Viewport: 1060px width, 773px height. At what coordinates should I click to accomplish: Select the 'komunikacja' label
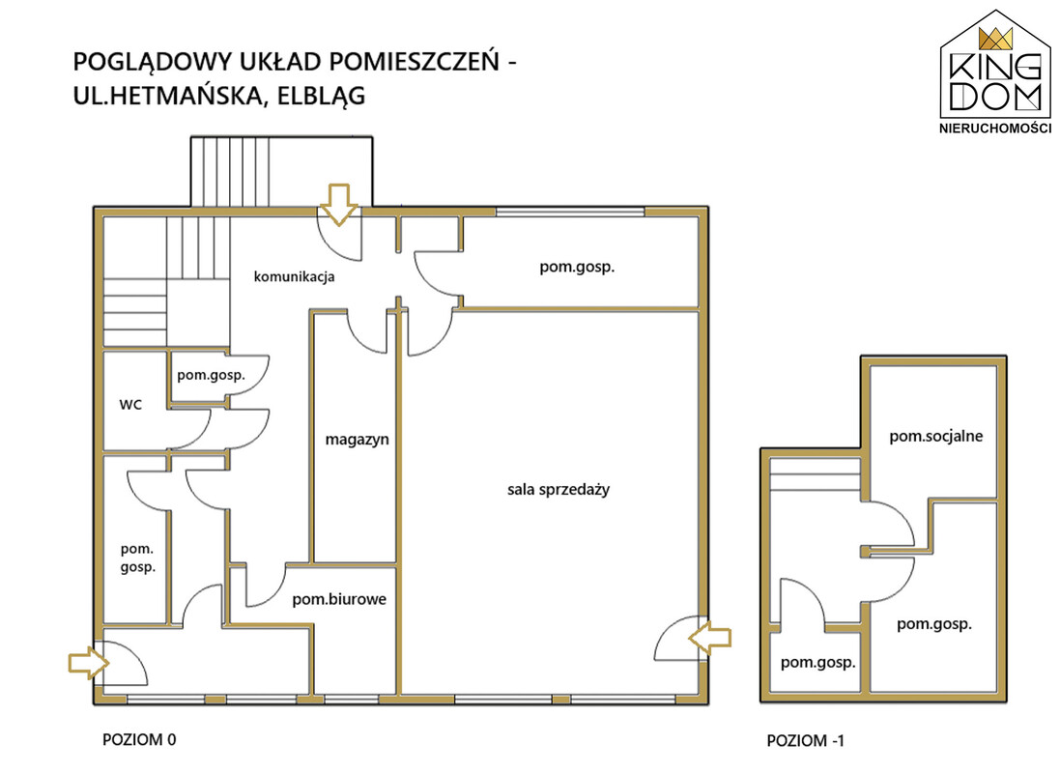tap(294, 277)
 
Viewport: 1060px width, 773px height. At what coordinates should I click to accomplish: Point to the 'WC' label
tap(130, 405)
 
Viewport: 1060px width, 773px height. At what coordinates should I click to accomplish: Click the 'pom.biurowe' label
tap(339, 599)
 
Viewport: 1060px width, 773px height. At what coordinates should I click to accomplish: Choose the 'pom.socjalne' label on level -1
tap(935, 436)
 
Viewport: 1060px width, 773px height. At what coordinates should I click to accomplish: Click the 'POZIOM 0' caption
tap(139, 740)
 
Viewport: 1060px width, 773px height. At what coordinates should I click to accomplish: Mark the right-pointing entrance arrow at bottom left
tap(84, 662)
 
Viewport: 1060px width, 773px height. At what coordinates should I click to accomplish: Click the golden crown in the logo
tap(994, 39)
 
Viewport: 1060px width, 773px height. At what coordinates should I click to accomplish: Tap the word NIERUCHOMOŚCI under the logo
tap(995, 128)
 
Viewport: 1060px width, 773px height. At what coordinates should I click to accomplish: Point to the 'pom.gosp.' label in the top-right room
tap(577, 268)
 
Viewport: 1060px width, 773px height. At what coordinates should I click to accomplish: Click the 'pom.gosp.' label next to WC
tap(208, 374)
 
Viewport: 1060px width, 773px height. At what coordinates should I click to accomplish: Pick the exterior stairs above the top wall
tap(281, 171)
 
